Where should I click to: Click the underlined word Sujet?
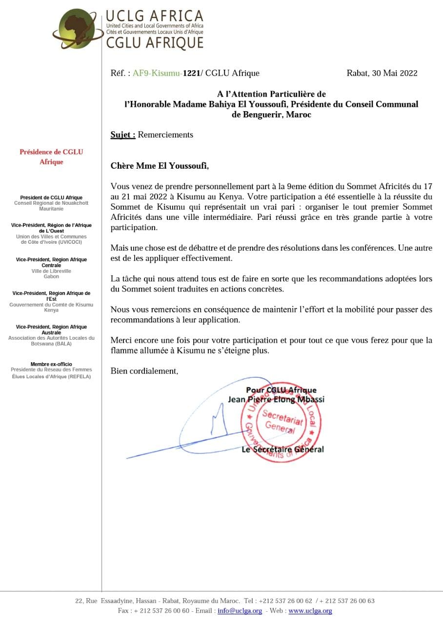pyautogui.click(x=123, y=135)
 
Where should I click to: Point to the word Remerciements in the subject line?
pyautogui.click(x=165, y=135)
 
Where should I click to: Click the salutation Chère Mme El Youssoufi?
pyautogui.click(x=160, y=166)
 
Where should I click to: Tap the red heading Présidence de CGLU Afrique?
pyautogui.click(x=51, y=156)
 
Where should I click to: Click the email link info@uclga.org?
pyautogui.click(x=240, y=610)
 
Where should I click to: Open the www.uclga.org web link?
pyautogui.click(x=310, y=610)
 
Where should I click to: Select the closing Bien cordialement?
pyautogui.click(x=144, y=371)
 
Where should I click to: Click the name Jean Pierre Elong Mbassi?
pyautogui.click(x=276, y=399)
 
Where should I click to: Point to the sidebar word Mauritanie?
pyautogui.click(x=51, y=209)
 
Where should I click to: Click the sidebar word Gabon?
pyautogui.click(x=51, y=276)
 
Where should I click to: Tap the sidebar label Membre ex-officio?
pyautogui.click(x=51, y=364)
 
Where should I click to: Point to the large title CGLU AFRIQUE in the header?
pyautogui.click(x=155, y=43)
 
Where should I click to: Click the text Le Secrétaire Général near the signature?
pyautogui.click(x=282, y=449)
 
